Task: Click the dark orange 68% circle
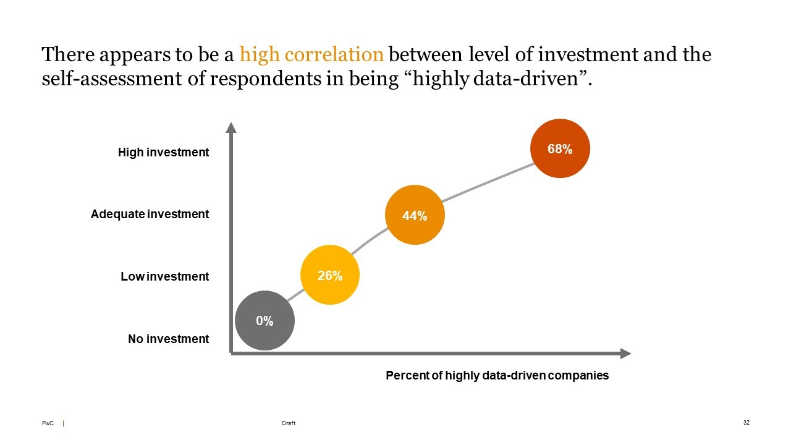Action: (x=560, y=148)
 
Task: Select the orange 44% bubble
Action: (x=414, y=215)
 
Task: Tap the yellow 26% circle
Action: (x=330, y=275)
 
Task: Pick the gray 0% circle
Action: (x=264, y=320)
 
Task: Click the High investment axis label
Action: (x=163, y=152)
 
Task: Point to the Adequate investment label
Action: (x=150, y=214)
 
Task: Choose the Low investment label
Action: (x=164, y=277)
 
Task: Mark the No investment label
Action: (x=168, y=339)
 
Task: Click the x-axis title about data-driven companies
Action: (x=497, y=375)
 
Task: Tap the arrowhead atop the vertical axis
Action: (x=231, y=127)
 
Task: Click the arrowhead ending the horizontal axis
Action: (x=625, y=354)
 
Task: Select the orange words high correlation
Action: (x=311, y=55)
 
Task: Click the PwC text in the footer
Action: (x=48, y=423)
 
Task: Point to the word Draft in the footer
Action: (x=288, y=423)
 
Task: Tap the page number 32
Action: (x=746, y=423)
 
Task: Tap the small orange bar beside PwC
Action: (x=64, y=423)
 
